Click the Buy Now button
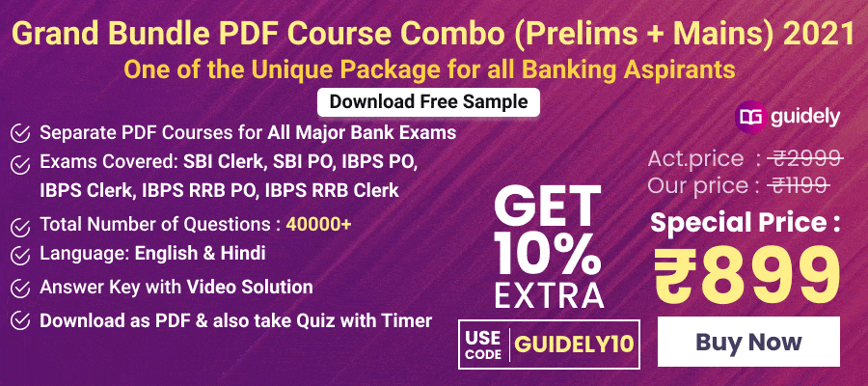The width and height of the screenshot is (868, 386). [748, 342]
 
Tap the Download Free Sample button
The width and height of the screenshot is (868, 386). [428, 101]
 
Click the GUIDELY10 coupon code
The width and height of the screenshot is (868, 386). [574, 343]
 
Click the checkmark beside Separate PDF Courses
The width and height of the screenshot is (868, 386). [19, 132]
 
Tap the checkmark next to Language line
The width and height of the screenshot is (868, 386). [19, 256]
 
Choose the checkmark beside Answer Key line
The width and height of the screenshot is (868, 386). [19, 288]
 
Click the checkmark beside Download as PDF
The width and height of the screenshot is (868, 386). [19, 320]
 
